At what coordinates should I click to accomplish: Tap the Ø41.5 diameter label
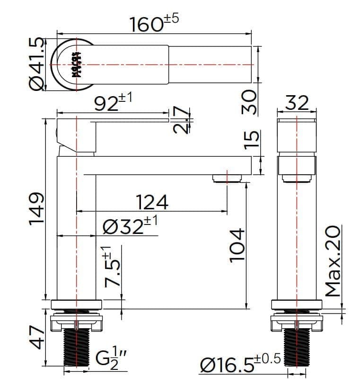point(37,64)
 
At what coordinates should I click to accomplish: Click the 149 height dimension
point(37,209)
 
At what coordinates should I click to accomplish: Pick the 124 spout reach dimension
point(152,202)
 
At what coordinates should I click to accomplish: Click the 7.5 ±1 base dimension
point(113,268)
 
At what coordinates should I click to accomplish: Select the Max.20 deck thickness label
point(333,261)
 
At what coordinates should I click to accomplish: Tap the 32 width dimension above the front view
point(297,102)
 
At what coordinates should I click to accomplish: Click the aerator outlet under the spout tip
point(227,178)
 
